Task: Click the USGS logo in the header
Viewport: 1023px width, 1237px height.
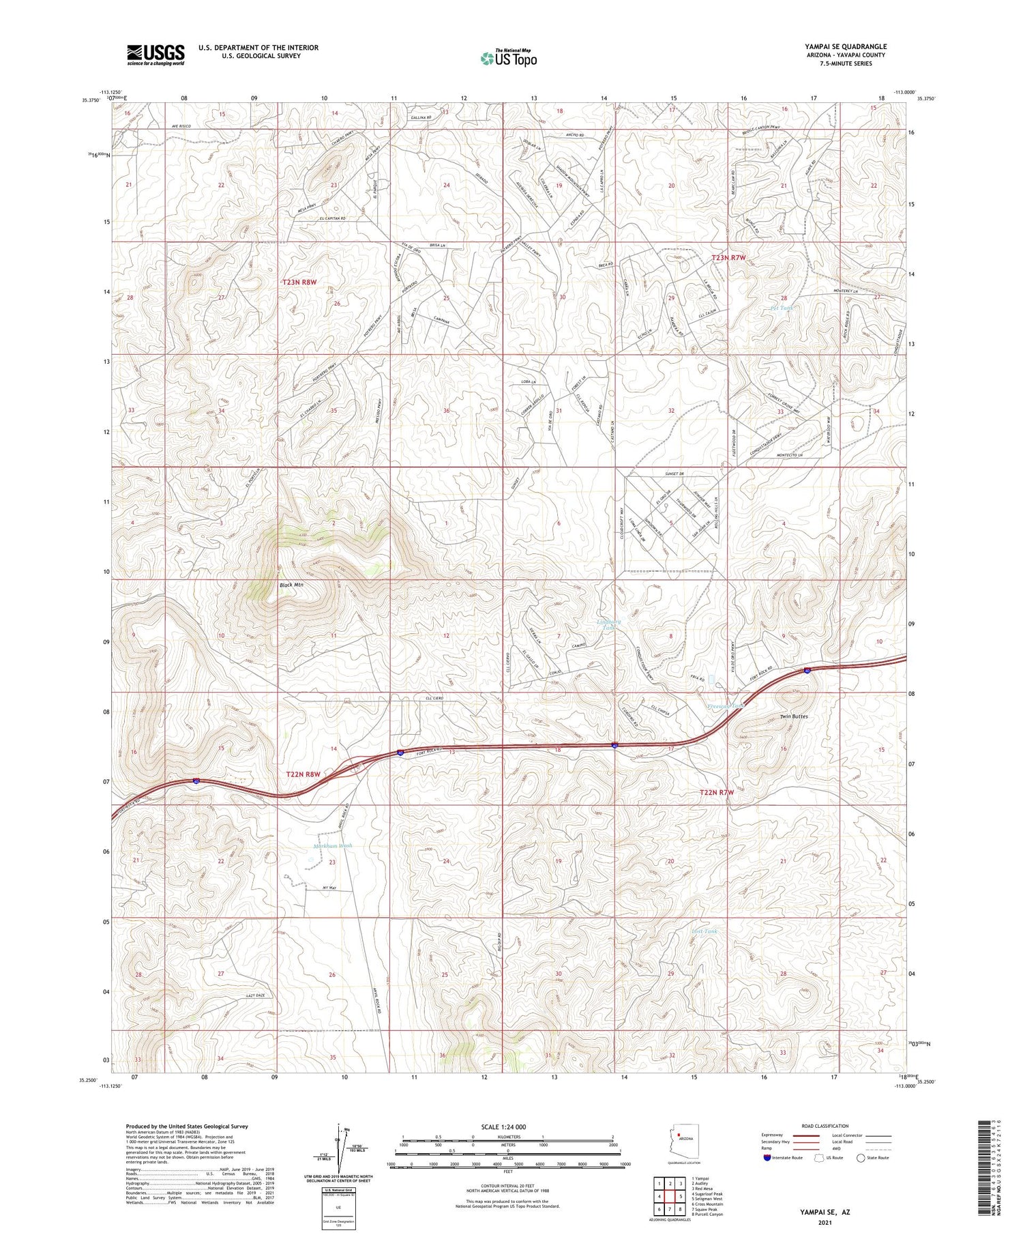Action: tap(155, 55)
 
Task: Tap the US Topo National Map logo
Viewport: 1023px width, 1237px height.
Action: tap(508, 58)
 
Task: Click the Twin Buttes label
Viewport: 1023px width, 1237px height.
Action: tap(794, 717)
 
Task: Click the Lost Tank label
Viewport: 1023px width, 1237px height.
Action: tap(704, 931)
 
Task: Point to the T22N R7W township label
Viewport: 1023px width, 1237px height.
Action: tap(717, 792)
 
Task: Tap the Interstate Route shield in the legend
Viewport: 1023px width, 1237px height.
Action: tap(767, 1158)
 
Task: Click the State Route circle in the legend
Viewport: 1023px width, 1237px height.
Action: tap(861, 1158)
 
